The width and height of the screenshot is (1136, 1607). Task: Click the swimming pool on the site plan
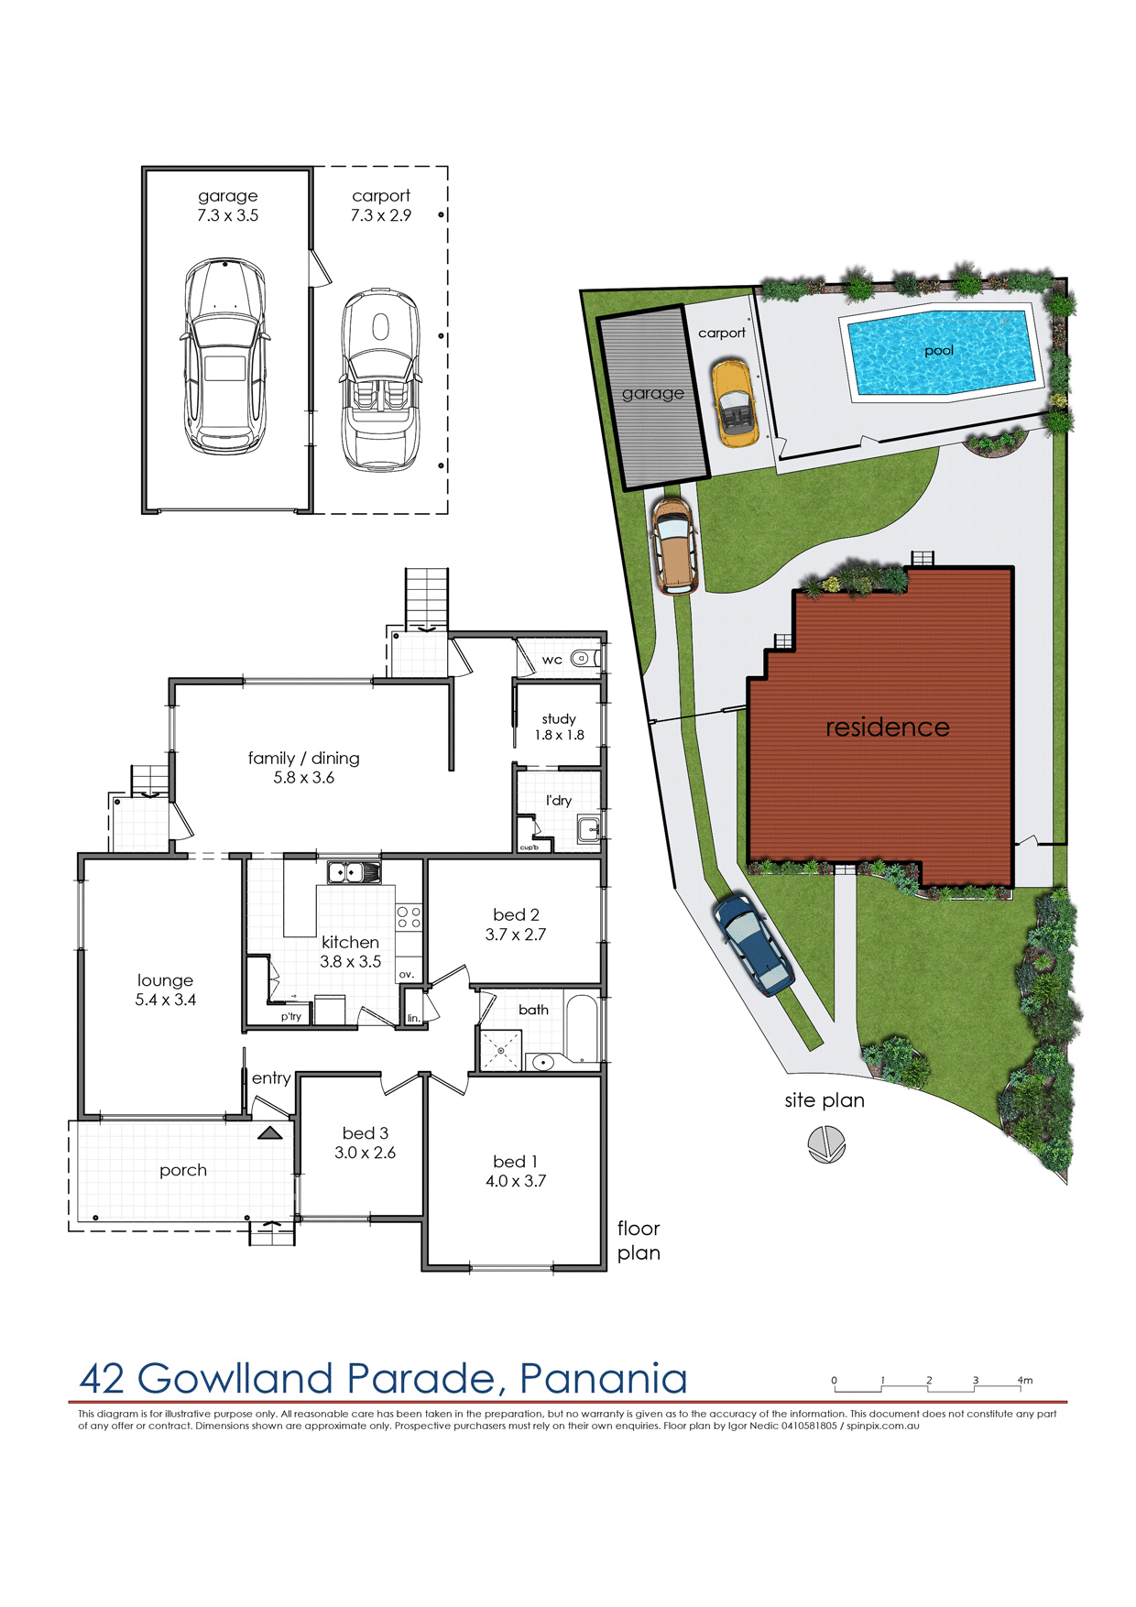click(x=941, y=353)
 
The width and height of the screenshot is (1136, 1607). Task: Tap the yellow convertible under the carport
click(x=735, y=403)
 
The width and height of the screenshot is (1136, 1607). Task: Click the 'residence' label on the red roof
click(x=887, y=727)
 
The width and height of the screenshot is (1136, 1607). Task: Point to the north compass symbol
click(x=826, y=1144)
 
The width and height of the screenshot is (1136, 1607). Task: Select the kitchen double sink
click(x=354, y=872)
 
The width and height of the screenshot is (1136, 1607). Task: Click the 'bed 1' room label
click(x=515, y=1161)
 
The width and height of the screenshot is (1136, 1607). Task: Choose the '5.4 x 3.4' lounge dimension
click(x=166, y=1000)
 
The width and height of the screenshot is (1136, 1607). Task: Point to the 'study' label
click(x=559, y=718)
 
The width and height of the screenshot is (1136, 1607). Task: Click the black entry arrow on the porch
click(x=269, y=1133)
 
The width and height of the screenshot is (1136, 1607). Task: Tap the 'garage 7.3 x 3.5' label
click(x=227, y=205)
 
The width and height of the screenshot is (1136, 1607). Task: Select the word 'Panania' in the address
click(x=603, y=1379)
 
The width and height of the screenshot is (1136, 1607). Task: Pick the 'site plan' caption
click(x=824, y=1100)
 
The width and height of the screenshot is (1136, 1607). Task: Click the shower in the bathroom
click(x=501, y=1050)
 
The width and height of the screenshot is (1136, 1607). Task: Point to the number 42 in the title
click(x=103, y=1379)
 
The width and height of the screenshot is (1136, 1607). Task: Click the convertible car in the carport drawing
click(x=380, y=380)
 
